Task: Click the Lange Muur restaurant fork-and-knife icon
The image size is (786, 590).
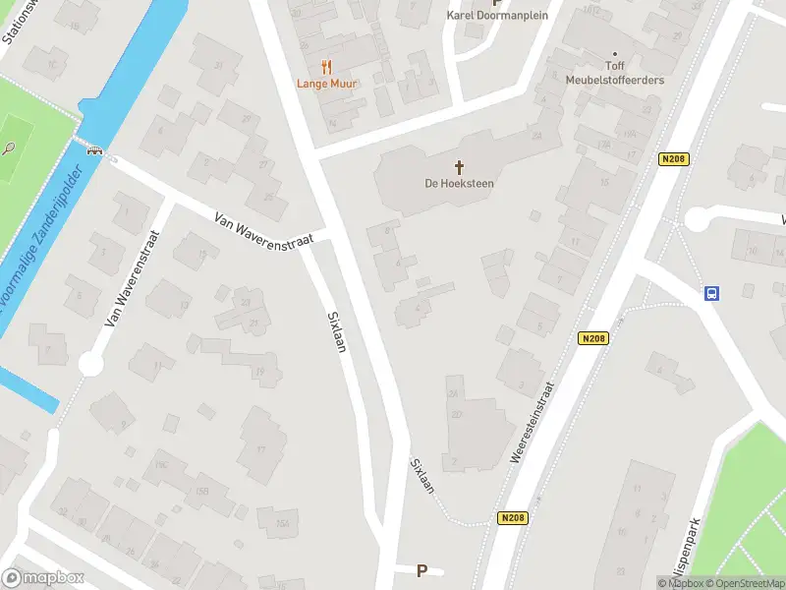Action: [x=327, y=67]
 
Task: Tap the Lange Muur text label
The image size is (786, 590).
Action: [x=327, y=84]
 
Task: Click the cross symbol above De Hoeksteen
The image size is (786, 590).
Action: [x=459, y=167]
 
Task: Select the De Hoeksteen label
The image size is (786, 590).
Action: [x=459, y=184]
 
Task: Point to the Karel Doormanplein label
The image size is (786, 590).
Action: [x=497, y=15]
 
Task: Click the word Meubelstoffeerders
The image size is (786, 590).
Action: [x=615, y=80]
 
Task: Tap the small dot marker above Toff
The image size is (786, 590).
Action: [x=616, y=54]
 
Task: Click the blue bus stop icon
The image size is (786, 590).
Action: [x=711, y=292]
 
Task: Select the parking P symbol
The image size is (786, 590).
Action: [x=422, y=570]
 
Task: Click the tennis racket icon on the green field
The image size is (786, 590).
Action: [x=9, y=148]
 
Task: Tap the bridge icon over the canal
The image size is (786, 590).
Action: [x=95, y=150]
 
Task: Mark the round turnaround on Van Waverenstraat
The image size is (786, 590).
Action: [x=90, y=365]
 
